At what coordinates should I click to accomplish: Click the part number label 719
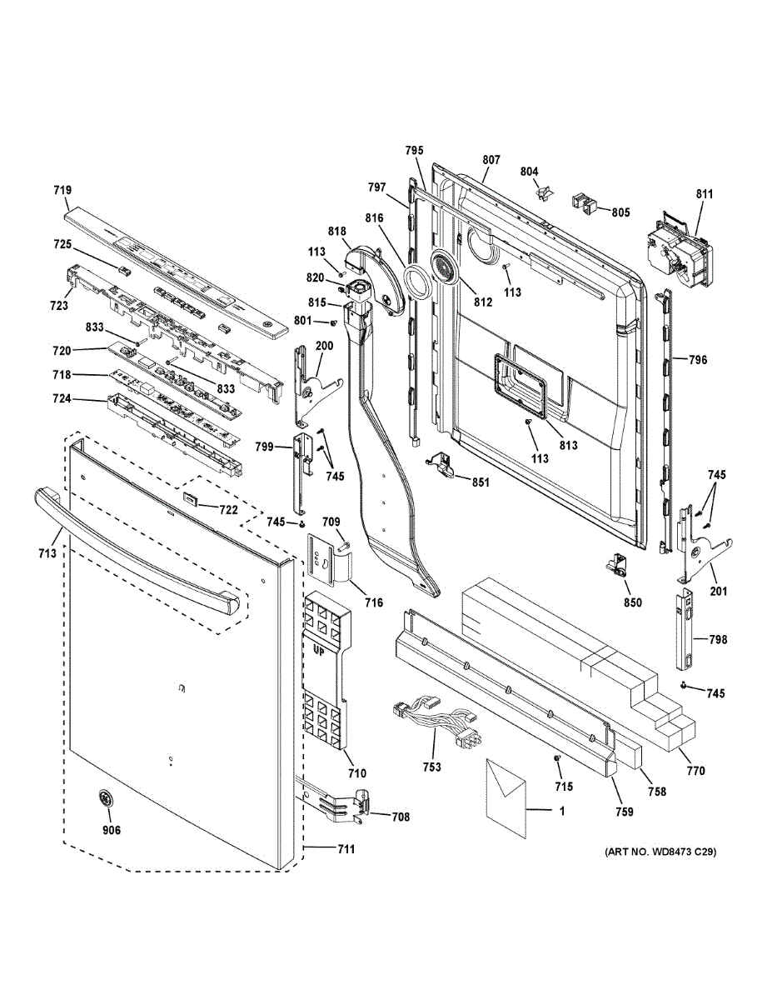pos(62,190)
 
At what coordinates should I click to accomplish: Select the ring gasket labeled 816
pos(417,282)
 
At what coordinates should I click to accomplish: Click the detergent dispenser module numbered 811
pos(679,249)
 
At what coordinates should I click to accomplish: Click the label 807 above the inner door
pos(491,160)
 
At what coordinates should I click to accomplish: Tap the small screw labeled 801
pos(334,323)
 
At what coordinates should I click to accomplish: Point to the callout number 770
pos(695,770)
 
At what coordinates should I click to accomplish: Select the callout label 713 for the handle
pos(47,553)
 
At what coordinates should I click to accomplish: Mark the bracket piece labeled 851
pos(440,464)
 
